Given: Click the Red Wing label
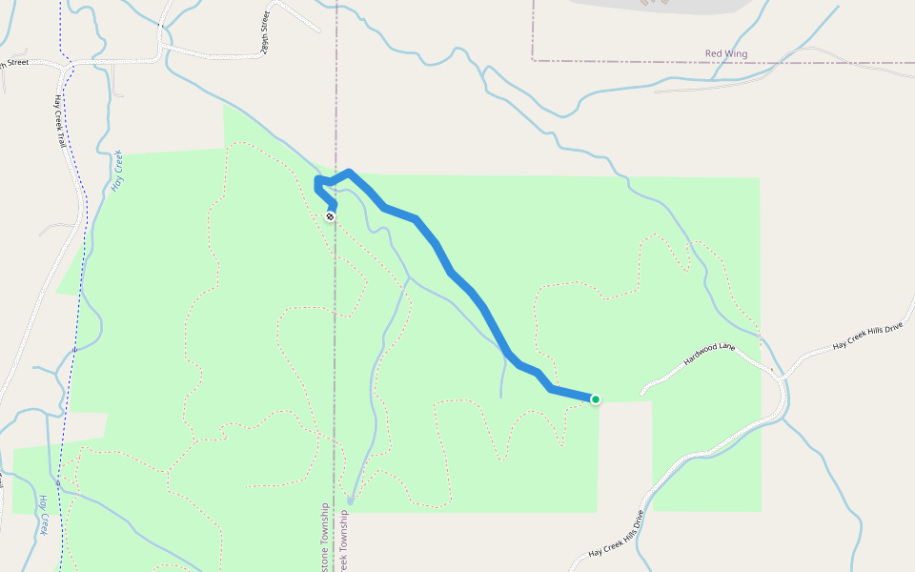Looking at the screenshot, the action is tap(725, 54).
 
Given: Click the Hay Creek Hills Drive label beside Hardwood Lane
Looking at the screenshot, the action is tap(866, 336).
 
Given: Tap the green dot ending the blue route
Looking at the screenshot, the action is tap(596, 399).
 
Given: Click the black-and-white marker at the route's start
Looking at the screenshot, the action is tap(330, 216).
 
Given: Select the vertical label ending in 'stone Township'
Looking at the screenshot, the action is tap(325, 539).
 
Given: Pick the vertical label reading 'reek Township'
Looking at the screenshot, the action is tap(344, 543).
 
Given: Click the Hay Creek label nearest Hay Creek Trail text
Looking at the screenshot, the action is tap(117, 171).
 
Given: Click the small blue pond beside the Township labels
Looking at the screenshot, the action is tap(351, 499).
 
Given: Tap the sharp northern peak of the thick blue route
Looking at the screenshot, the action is tap(350, 173).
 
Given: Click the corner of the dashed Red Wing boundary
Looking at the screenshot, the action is tap(533, 61).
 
